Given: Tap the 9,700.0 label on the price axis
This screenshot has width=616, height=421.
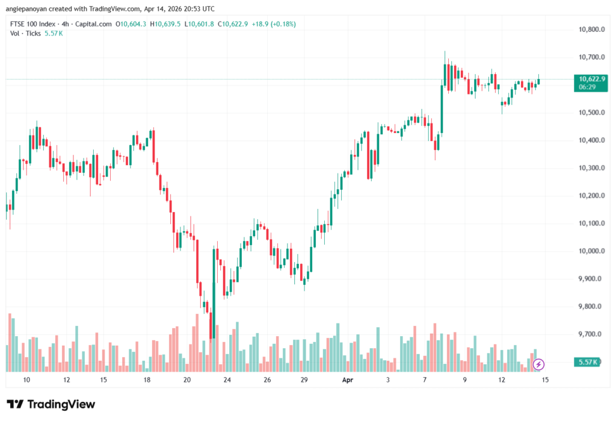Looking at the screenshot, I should (x=591, y=334).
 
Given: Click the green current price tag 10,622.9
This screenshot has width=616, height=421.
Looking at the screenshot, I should (x=592, y=79).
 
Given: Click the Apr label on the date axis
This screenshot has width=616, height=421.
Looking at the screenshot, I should (x=347, y=380).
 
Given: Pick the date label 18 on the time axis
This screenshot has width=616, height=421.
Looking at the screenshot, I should (x=146, y=380).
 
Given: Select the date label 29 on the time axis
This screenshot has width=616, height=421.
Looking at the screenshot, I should (x=304, y=380).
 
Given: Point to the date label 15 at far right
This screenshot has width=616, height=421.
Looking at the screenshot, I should (x=545, y=380).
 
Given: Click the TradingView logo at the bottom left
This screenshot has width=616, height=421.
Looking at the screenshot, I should (x=51, y=404).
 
